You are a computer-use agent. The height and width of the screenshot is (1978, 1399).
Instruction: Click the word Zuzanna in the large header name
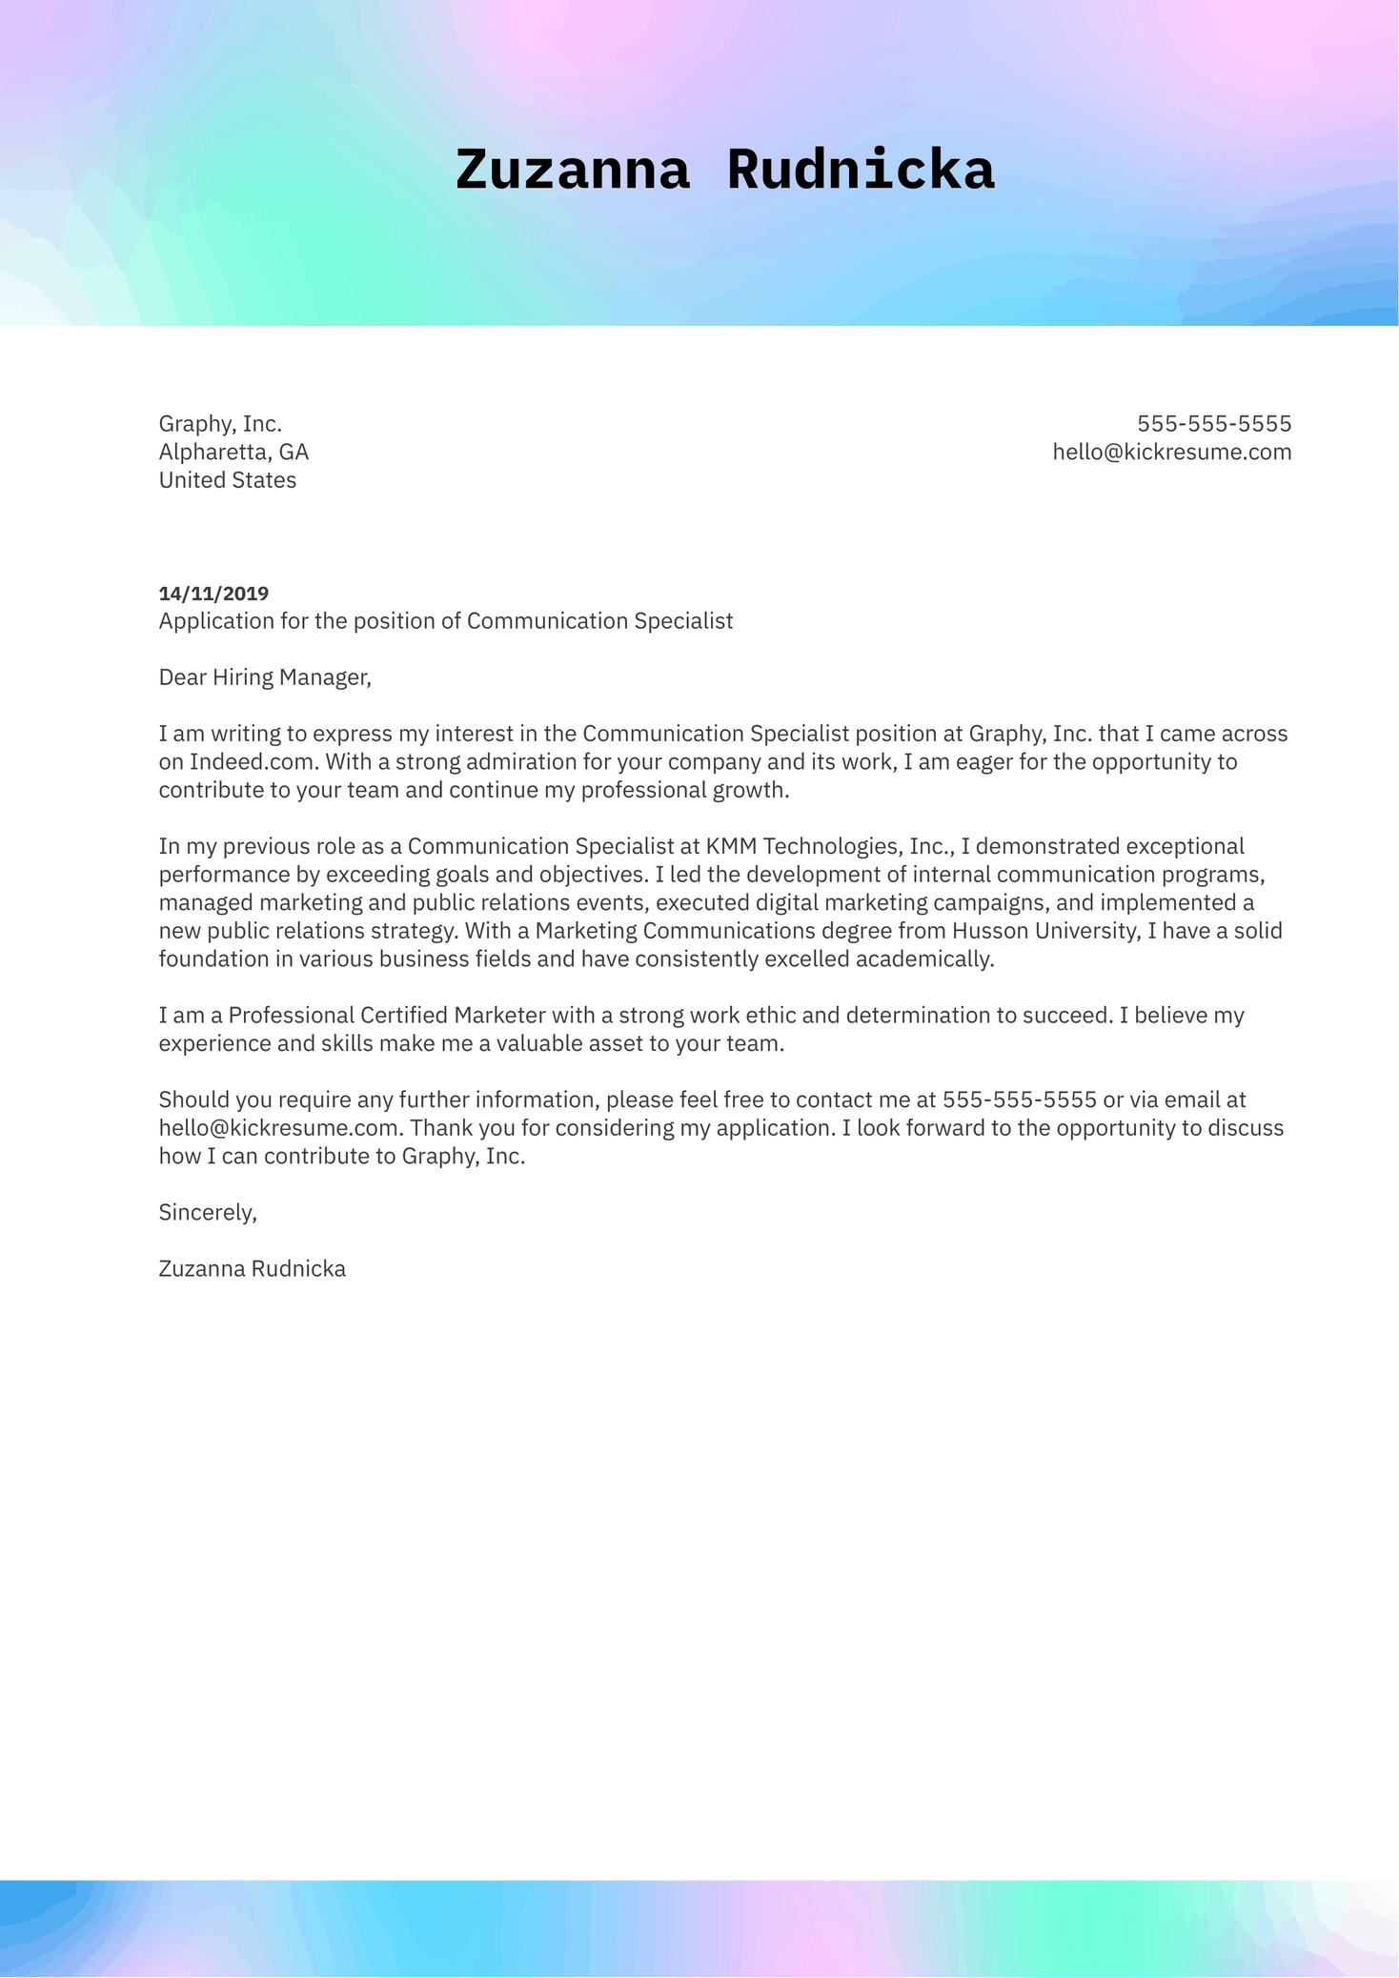click(x=572, y=172)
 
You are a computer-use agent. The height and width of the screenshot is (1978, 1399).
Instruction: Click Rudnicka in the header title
click(x=860, y=172)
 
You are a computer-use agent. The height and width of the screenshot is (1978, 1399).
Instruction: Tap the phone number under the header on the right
click(x=1213, y=424)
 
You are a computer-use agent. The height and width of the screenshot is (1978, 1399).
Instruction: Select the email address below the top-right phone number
click(x=1171, y=452)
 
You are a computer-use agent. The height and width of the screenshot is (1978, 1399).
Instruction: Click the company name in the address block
click(x=220, y=424)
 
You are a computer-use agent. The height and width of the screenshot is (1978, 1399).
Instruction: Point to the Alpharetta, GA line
click(x=233, y=452)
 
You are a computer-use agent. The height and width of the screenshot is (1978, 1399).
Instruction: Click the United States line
click(x=227, y=480)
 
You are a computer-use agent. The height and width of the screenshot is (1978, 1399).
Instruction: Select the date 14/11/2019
click(x=213, y=594)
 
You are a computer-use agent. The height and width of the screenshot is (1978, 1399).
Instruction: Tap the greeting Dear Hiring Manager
click(x=264, y=677)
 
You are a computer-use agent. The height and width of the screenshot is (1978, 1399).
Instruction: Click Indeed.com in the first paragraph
click(x=252, y=762)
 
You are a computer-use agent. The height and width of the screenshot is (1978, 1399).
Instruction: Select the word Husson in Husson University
click(x=991, y=931)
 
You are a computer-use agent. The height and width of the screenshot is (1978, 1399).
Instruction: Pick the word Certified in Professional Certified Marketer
click(x=403, y=1016)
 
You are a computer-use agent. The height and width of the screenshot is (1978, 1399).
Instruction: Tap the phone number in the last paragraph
click(x=1019, y=1100)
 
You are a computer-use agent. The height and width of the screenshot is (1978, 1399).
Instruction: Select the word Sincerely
click(x=207, y=1213)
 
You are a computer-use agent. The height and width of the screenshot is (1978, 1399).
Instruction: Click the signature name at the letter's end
click(x=252, y=1269)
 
